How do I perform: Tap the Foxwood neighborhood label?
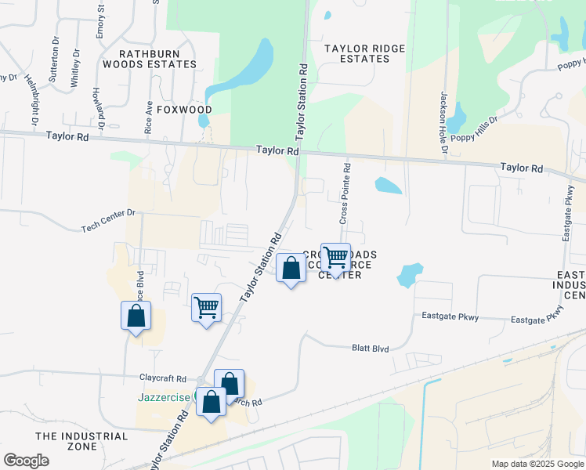point(184,109)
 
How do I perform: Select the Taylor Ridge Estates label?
point(366,53)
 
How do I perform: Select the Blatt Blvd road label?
point(371,349)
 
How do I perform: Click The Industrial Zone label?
point(81,441)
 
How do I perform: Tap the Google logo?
point(26,461)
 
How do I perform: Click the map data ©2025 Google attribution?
point(537,464)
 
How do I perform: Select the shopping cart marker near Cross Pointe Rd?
point(335,258)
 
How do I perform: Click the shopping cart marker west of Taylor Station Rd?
point(206,308)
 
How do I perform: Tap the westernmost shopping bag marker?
point(136,316)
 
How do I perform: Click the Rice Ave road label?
point(149,117)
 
